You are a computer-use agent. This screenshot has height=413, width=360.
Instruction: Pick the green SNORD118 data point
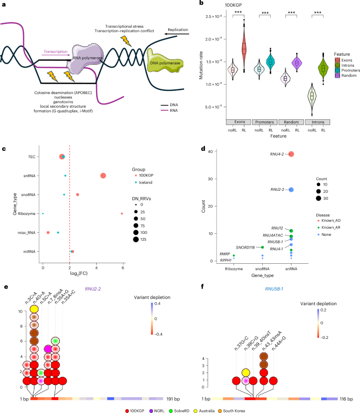pyautogui.click(x=262, y=247)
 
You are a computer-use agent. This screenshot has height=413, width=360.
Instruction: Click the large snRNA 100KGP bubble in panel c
pyautogui.click(x=103, y=175)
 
